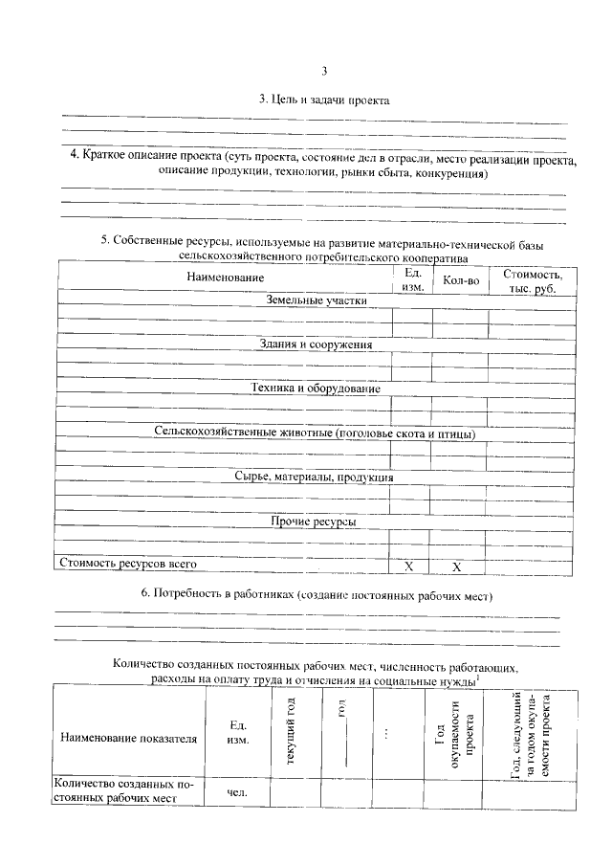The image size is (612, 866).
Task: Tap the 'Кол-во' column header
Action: click(x=460, y=279)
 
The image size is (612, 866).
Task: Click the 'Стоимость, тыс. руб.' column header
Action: click(x=533, y=279)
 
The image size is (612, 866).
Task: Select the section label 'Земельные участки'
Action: click(x=316, y=300)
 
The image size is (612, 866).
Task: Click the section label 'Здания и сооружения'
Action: click(x=316, y=344)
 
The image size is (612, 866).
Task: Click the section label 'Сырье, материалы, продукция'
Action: click(x=316, y=477)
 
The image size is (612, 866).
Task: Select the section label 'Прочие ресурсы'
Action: click(x=316, y=522)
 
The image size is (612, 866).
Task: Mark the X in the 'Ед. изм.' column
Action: click(x=409, y=566)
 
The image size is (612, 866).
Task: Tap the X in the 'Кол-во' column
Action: click(x=457, y=566)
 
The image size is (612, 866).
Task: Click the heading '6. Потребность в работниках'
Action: click(x=316, y=594)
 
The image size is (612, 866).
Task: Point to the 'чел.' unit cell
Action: click(x=237, y=792)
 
